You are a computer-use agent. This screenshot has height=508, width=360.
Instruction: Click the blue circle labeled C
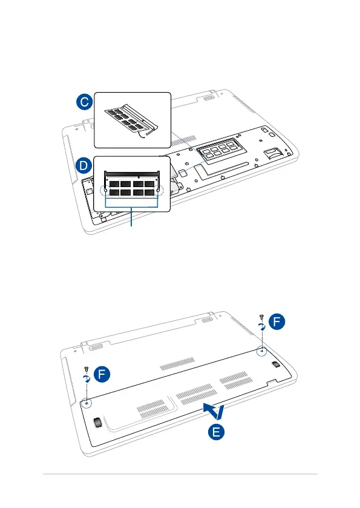tap(85, 102)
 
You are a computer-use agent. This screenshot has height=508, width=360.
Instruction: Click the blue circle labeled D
tap(84, 165)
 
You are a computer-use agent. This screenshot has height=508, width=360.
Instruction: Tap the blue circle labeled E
tap(216, 432)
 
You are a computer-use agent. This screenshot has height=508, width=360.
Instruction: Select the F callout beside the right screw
tap(277, 322)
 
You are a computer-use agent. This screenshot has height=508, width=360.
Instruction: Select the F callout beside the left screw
tap(102, 374)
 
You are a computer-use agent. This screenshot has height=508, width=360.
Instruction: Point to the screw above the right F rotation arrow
tap(261, 317)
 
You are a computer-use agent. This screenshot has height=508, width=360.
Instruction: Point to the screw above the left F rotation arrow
tap(86, 369)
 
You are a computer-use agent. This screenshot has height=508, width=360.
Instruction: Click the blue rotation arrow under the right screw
tap(262, 326)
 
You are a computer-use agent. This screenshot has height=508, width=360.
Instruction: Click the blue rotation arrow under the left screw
tap(87, 379)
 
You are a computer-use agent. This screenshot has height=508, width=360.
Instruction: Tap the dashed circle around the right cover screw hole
tap(261, 351)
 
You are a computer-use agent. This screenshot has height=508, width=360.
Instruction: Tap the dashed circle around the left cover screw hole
tap(87, 403)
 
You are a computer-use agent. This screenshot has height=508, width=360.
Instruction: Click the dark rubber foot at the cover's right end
tap(275, 364)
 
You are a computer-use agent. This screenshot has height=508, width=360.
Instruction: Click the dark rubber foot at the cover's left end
tap(97, 423)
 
